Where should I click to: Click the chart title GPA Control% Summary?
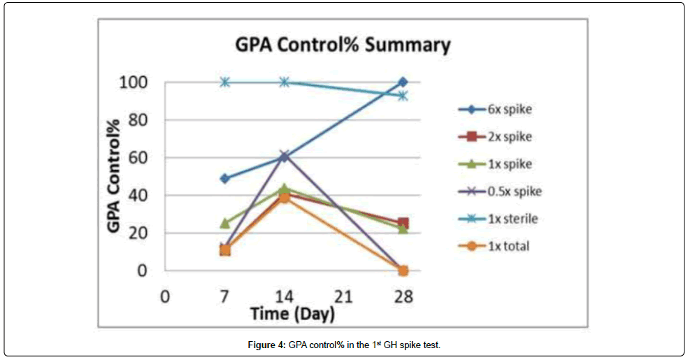(342, 45)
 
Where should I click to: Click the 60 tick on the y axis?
(138, 158)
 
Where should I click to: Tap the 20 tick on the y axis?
(138, 233)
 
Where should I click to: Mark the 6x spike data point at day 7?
(224, 178)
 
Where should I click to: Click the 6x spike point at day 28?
(403, 82)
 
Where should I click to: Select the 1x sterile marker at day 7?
(224, 82)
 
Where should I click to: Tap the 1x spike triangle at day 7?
(224, 223)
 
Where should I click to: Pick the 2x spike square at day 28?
(403, 224)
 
